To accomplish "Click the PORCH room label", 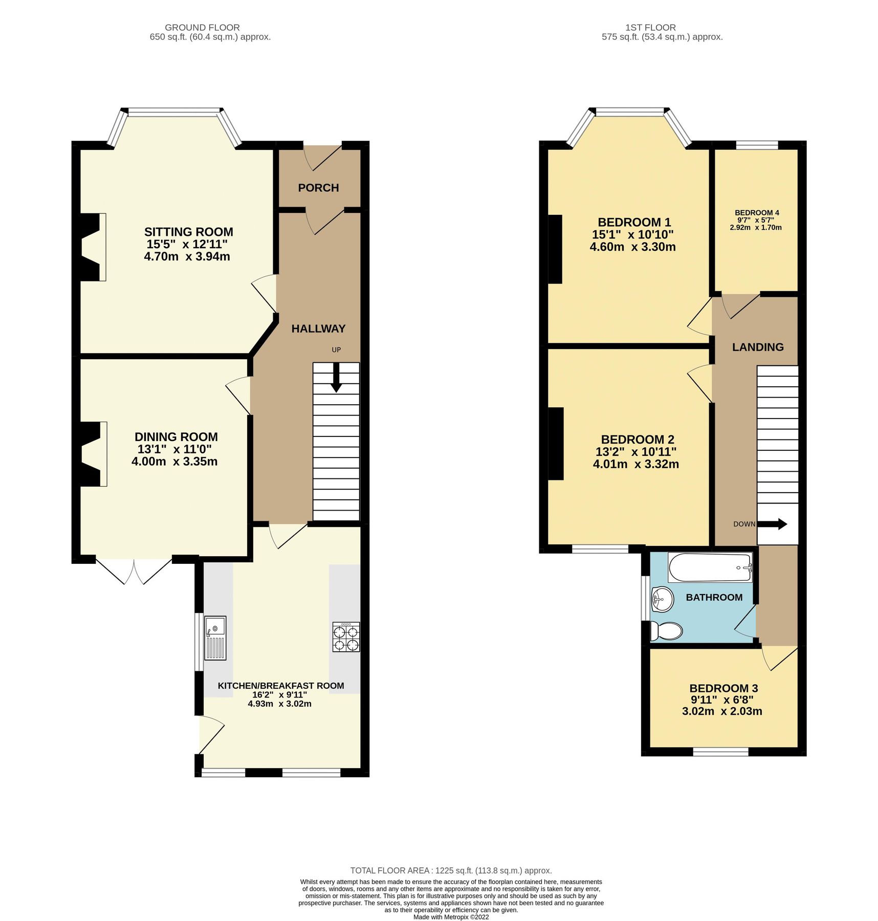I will coord(318,188).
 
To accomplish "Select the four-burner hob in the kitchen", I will coord(346,637).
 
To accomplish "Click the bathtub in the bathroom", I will coord(710,567).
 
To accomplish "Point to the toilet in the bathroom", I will coord(666,631).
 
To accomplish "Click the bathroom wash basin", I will coord(663,598).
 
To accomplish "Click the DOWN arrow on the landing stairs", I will coord(772,524).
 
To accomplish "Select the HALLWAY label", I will coord(318,328).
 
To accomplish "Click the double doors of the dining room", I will coord(134,570).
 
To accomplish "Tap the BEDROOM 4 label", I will coord(757,213).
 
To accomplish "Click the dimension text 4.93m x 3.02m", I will coord(279,704).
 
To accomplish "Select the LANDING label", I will coord(758,347).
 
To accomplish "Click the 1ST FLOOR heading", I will coord(650,28).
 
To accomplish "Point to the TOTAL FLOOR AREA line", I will coord(451,870).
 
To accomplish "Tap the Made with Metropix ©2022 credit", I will coord(451,917).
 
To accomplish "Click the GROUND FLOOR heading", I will coord(202,28).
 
